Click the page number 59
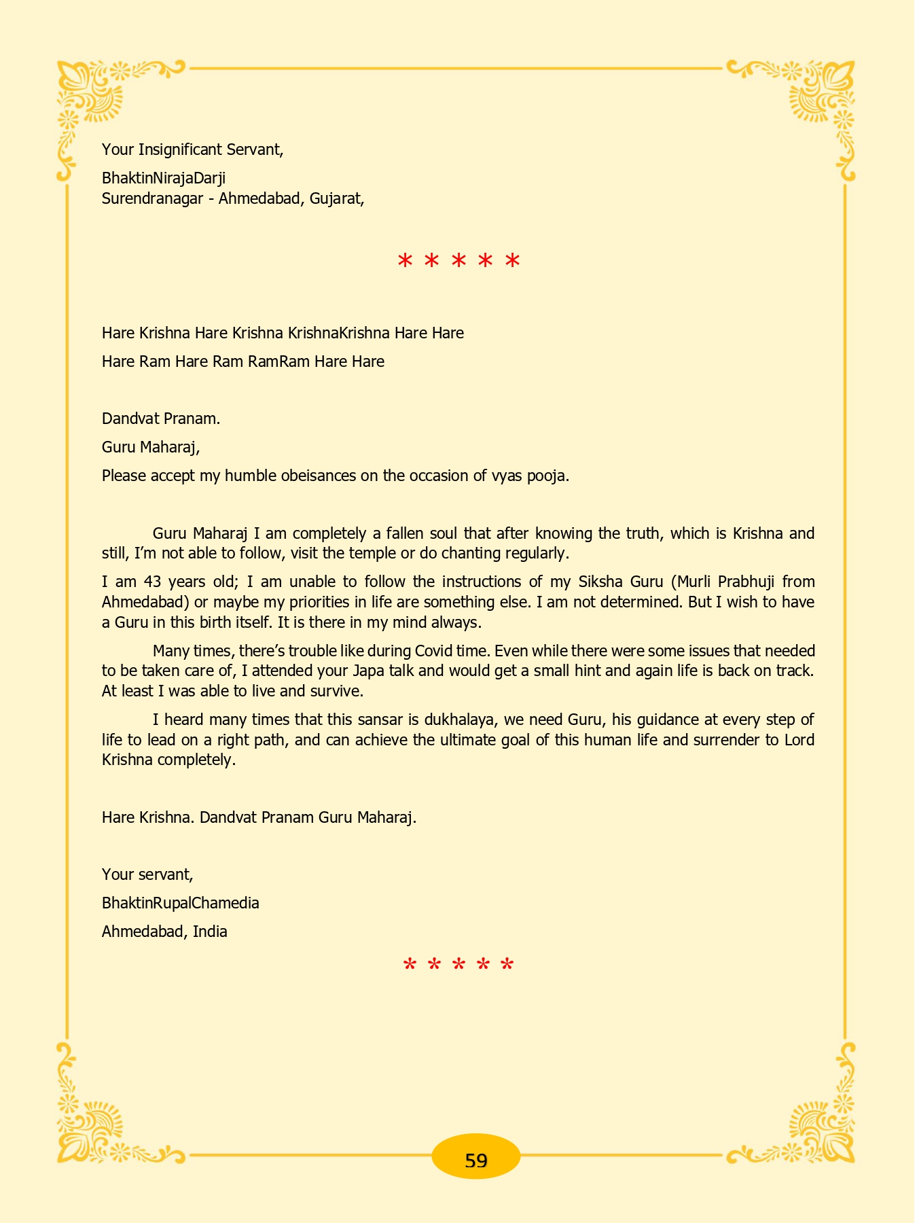[475, 1161]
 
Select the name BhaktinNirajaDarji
[164, 178]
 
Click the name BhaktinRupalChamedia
[180, 903]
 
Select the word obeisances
[317, 476]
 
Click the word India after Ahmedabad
[210, 932]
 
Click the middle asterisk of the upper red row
[458, 262]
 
